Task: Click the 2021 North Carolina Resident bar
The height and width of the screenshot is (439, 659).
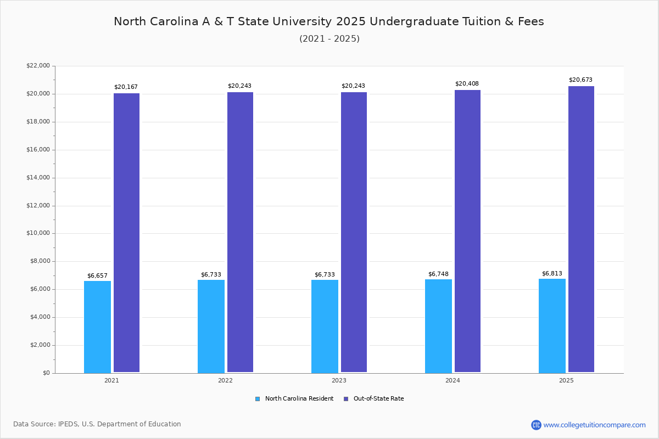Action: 97,327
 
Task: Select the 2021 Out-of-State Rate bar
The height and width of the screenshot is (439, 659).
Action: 126,233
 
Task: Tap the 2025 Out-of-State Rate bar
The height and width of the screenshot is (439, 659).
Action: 581,229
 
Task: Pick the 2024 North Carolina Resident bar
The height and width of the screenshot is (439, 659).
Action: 438,326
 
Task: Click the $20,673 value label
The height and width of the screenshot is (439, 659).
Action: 580,80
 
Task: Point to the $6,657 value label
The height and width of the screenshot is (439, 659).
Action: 97,276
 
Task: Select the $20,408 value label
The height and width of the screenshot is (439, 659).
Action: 467,84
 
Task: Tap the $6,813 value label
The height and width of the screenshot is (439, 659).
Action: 552,274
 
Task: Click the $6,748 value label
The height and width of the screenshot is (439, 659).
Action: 438,274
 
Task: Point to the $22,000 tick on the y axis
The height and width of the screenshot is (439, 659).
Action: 38,66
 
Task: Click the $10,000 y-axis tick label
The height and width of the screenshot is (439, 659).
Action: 38,233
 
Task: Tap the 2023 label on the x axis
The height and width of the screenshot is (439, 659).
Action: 339,380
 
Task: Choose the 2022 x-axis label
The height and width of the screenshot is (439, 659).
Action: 225,380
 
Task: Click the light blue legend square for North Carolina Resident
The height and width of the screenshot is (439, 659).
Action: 258,399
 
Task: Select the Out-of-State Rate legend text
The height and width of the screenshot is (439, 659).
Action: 378,399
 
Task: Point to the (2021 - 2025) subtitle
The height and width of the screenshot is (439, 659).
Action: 329,39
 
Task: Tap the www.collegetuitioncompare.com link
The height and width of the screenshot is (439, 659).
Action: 594,425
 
